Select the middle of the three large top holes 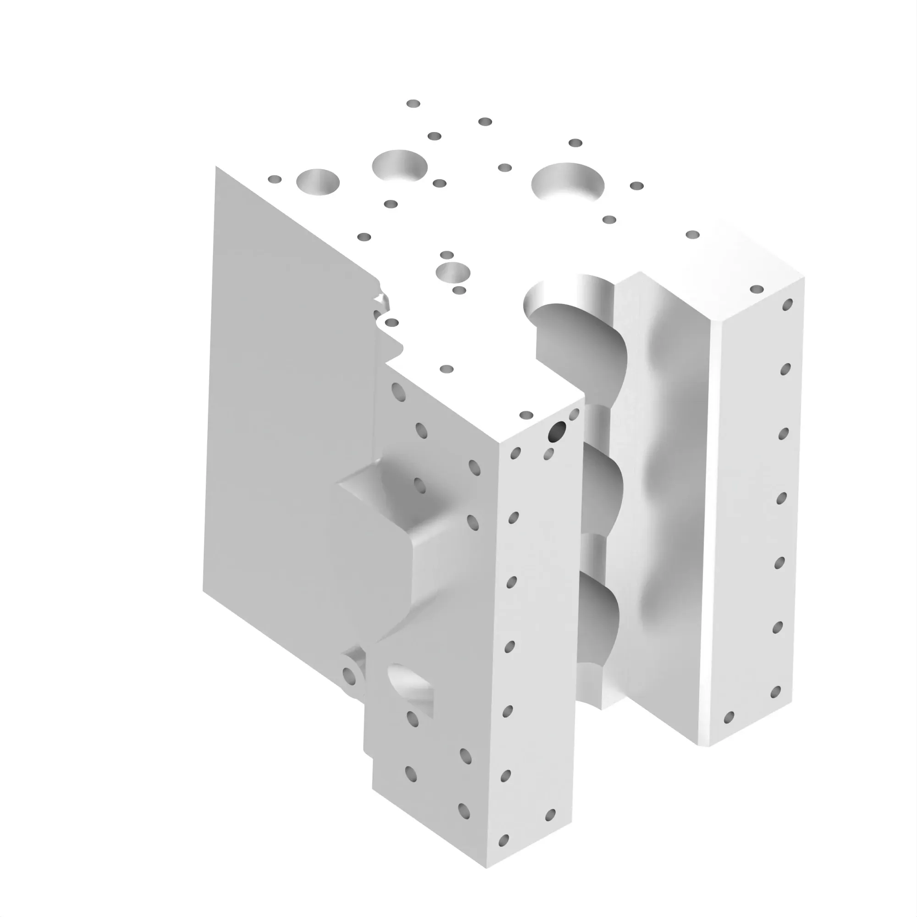(x=399, y=166)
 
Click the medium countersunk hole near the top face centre (x=453, y=272)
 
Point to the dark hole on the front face (x=556, y=431)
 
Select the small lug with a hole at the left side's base (x=352, y=674)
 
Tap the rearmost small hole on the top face (x=413, y=104)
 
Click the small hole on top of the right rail (x=757, y=289)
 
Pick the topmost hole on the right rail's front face (x=787, y=304)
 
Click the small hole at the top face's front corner (x=526, y=415)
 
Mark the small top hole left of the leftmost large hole (x=274, y=179)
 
